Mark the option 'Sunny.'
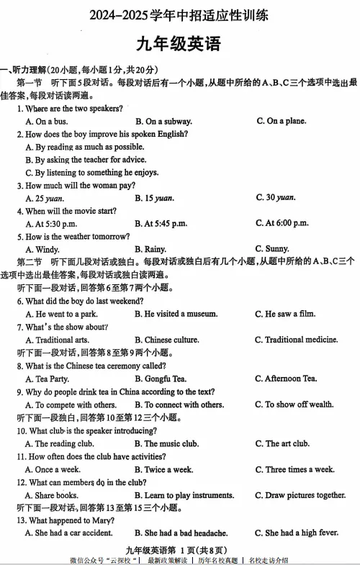point(276,249)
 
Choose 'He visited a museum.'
point(180,314)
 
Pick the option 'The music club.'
point(171,443)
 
